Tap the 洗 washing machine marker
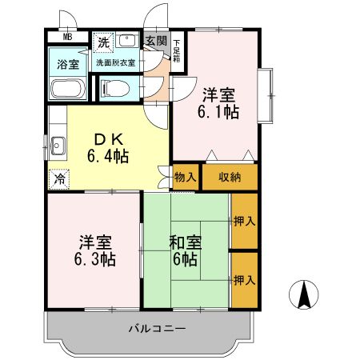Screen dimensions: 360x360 coord(103,42)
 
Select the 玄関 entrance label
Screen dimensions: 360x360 coord(156,42)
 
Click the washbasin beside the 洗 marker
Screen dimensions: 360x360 coord(127,40)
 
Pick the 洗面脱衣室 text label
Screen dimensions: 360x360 coord(115,62)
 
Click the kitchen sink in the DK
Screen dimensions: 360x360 coord(58,146)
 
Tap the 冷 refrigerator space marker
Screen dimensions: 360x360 coord(58,179)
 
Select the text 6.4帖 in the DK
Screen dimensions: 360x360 coord(109,154)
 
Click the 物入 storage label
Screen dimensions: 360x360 coord(184,178)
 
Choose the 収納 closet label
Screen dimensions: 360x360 coord(229,178)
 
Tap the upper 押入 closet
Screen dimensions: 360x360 coord(243,221)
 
